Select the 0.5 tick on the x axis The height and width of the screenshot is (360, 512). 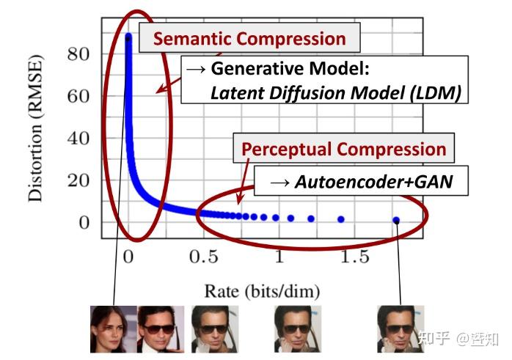pyautogui.click(x=204, y=257)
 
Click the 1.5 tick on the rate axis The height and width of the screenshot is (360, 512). pyautogui.click(x=354, y=257)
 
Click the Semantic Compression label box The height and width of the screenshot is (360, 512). pyautogui.click(x=249, y=39)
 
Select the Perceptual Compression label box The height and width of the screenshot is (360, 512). pyautogui.click(x=344, y=150)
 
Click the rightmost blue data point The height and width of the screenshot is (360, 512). pyautogui.click(x=396, y=220)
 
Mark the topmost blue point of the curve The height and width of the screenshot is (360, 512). pyautogui.click(x=128, y=36)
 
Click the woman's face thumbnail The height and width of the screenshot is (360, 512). pyautogui.click(x=113, y=330)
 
